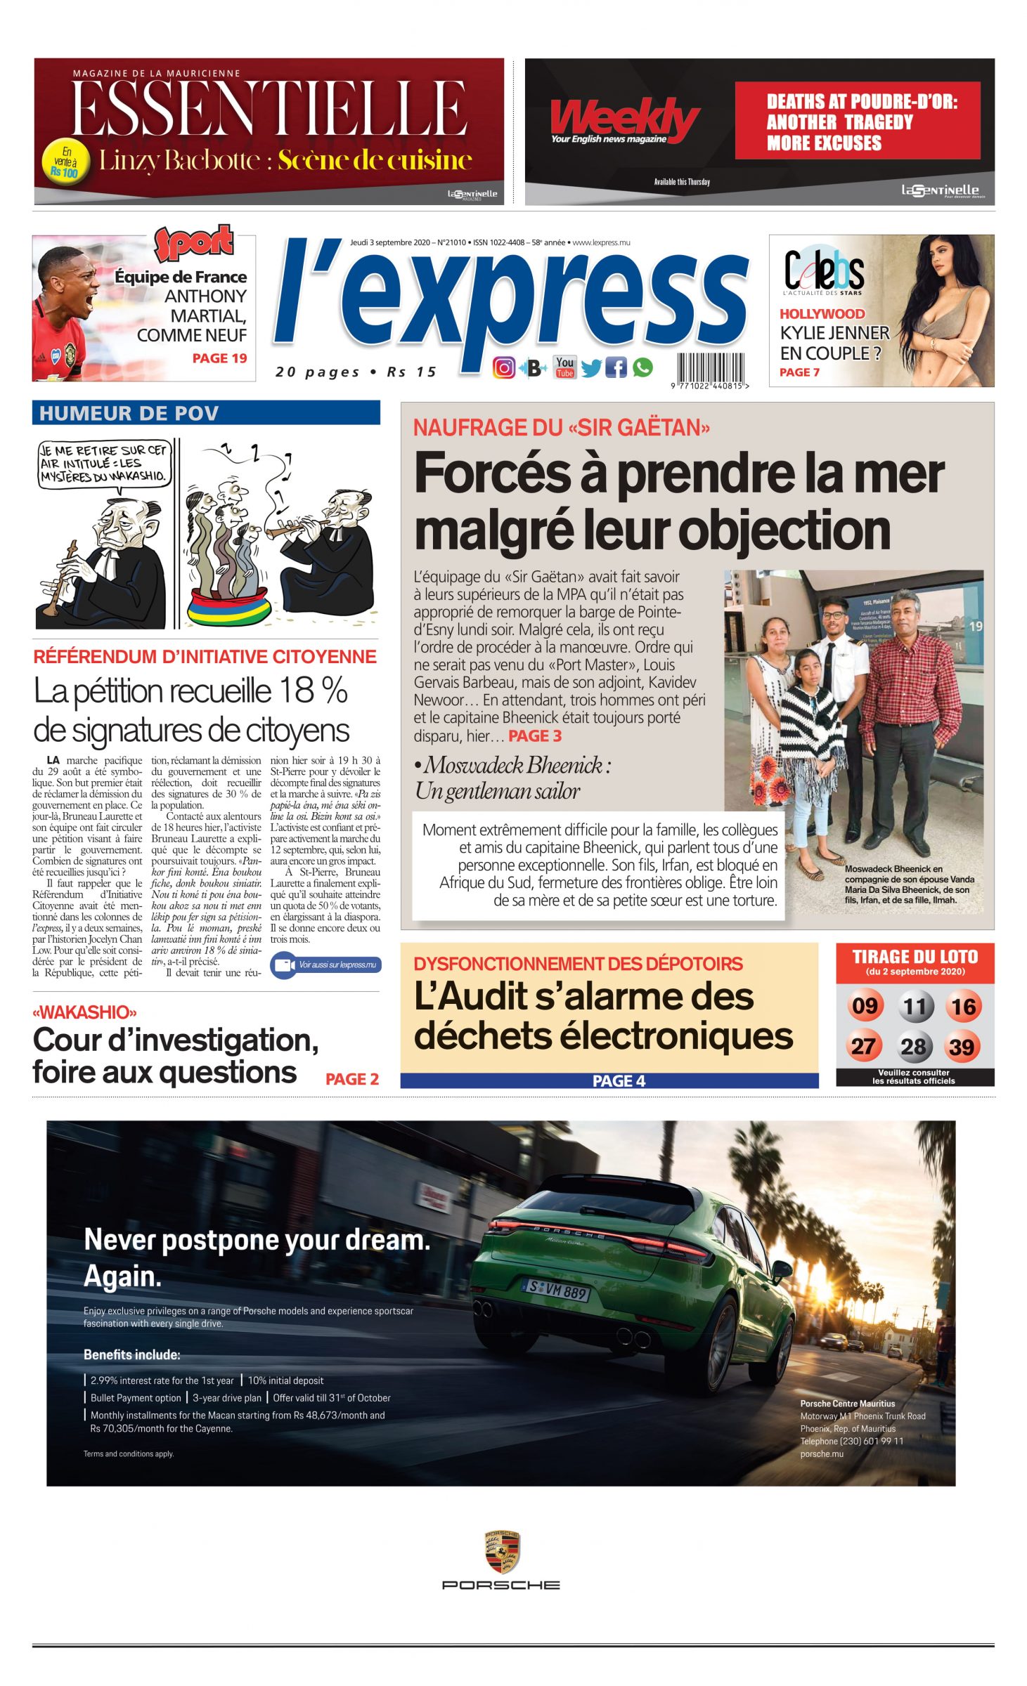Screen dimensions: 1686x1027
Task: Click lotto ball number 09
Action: (864, 1006)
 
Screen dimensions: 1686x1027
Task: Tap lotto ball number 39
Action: (962, 1047)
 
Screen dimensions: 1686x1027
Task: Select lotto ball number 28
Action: (914, 1047)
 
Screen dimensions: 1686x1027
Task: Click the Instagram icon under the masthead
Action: (503, 367)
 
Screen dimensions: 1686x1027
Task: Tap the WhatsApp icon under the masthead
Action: (642, 367)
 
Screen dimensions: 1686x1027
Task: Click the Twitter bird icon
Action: (590, 367)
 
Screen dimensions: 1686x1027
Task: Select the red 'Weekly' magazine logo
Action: (623, 119)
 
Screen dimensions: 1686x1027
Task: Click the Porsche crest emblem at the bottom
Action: (501, 1552)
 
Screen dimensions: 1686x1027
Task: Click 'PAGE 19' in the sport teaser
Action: (219, 358)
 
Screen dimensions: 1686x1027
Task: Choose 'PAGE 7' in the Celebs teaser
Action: (799, 372)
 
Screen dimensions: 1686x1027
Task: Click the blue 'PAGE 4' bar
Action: (609, 1080)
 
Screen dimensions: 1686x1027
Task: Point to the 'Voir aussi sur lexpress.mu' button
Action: (325, 965)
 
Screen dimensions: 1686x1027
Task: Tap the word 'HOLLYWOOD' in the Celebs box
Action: (822, 314)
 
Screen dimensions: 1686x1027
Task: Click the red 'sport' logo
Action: (194, 242)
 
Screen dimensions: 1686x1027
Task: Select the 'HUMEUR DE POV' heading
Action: (129, 413)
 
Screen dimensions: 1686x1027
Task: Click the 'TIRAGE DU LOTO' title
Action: (915, 957)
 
